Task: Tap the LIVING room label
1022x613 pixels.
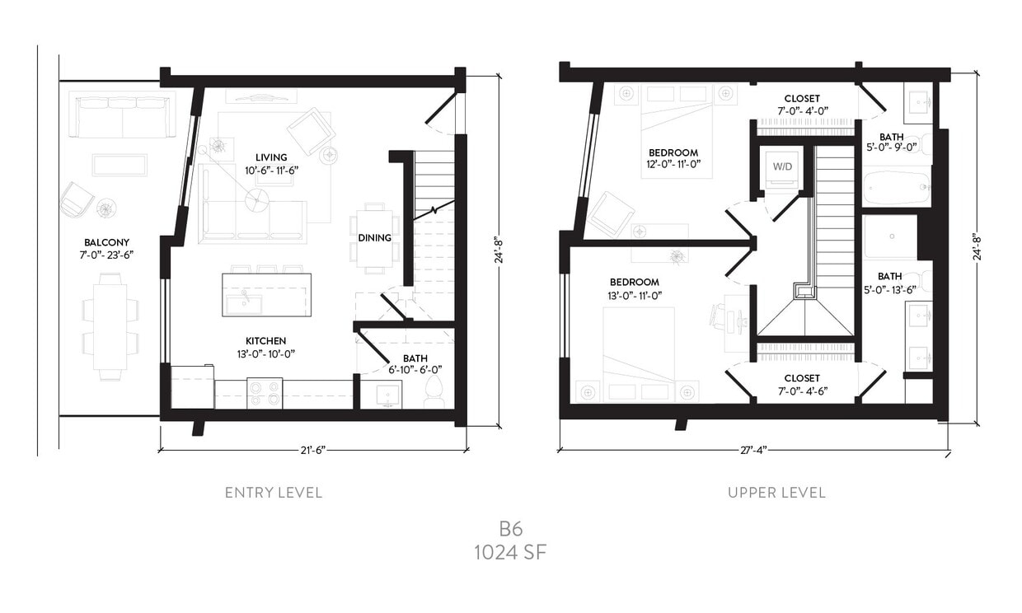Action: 271,157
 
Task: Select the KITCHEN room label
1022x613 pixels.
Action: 265,341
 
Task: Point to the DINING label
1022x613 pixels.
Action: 374,238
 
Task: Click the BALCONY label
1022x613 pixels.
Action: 106,242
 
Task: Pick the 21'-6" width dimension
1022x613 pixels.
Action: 313,450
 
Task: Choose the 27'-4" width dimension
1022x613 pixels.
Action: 753,451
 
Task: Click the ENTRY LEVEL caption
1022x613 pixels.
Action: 274,493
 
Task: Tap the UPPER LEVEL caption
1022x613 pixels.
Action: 776,493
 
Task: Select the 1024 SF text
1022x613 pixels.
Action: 510,553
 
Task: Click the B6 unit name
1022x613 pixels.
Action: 510,528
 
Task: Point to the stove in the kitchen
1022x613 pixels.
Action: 265,393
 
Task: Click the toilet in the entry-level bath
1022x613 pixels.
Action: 433,395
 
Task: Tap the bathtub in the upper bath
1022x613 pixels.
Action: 896,189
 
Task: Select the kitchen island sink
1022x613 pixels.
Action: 244,302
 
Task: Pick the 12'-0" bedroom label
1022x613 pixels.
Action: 673,152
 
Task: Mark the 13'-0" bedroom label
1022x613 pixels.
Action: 635,282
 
